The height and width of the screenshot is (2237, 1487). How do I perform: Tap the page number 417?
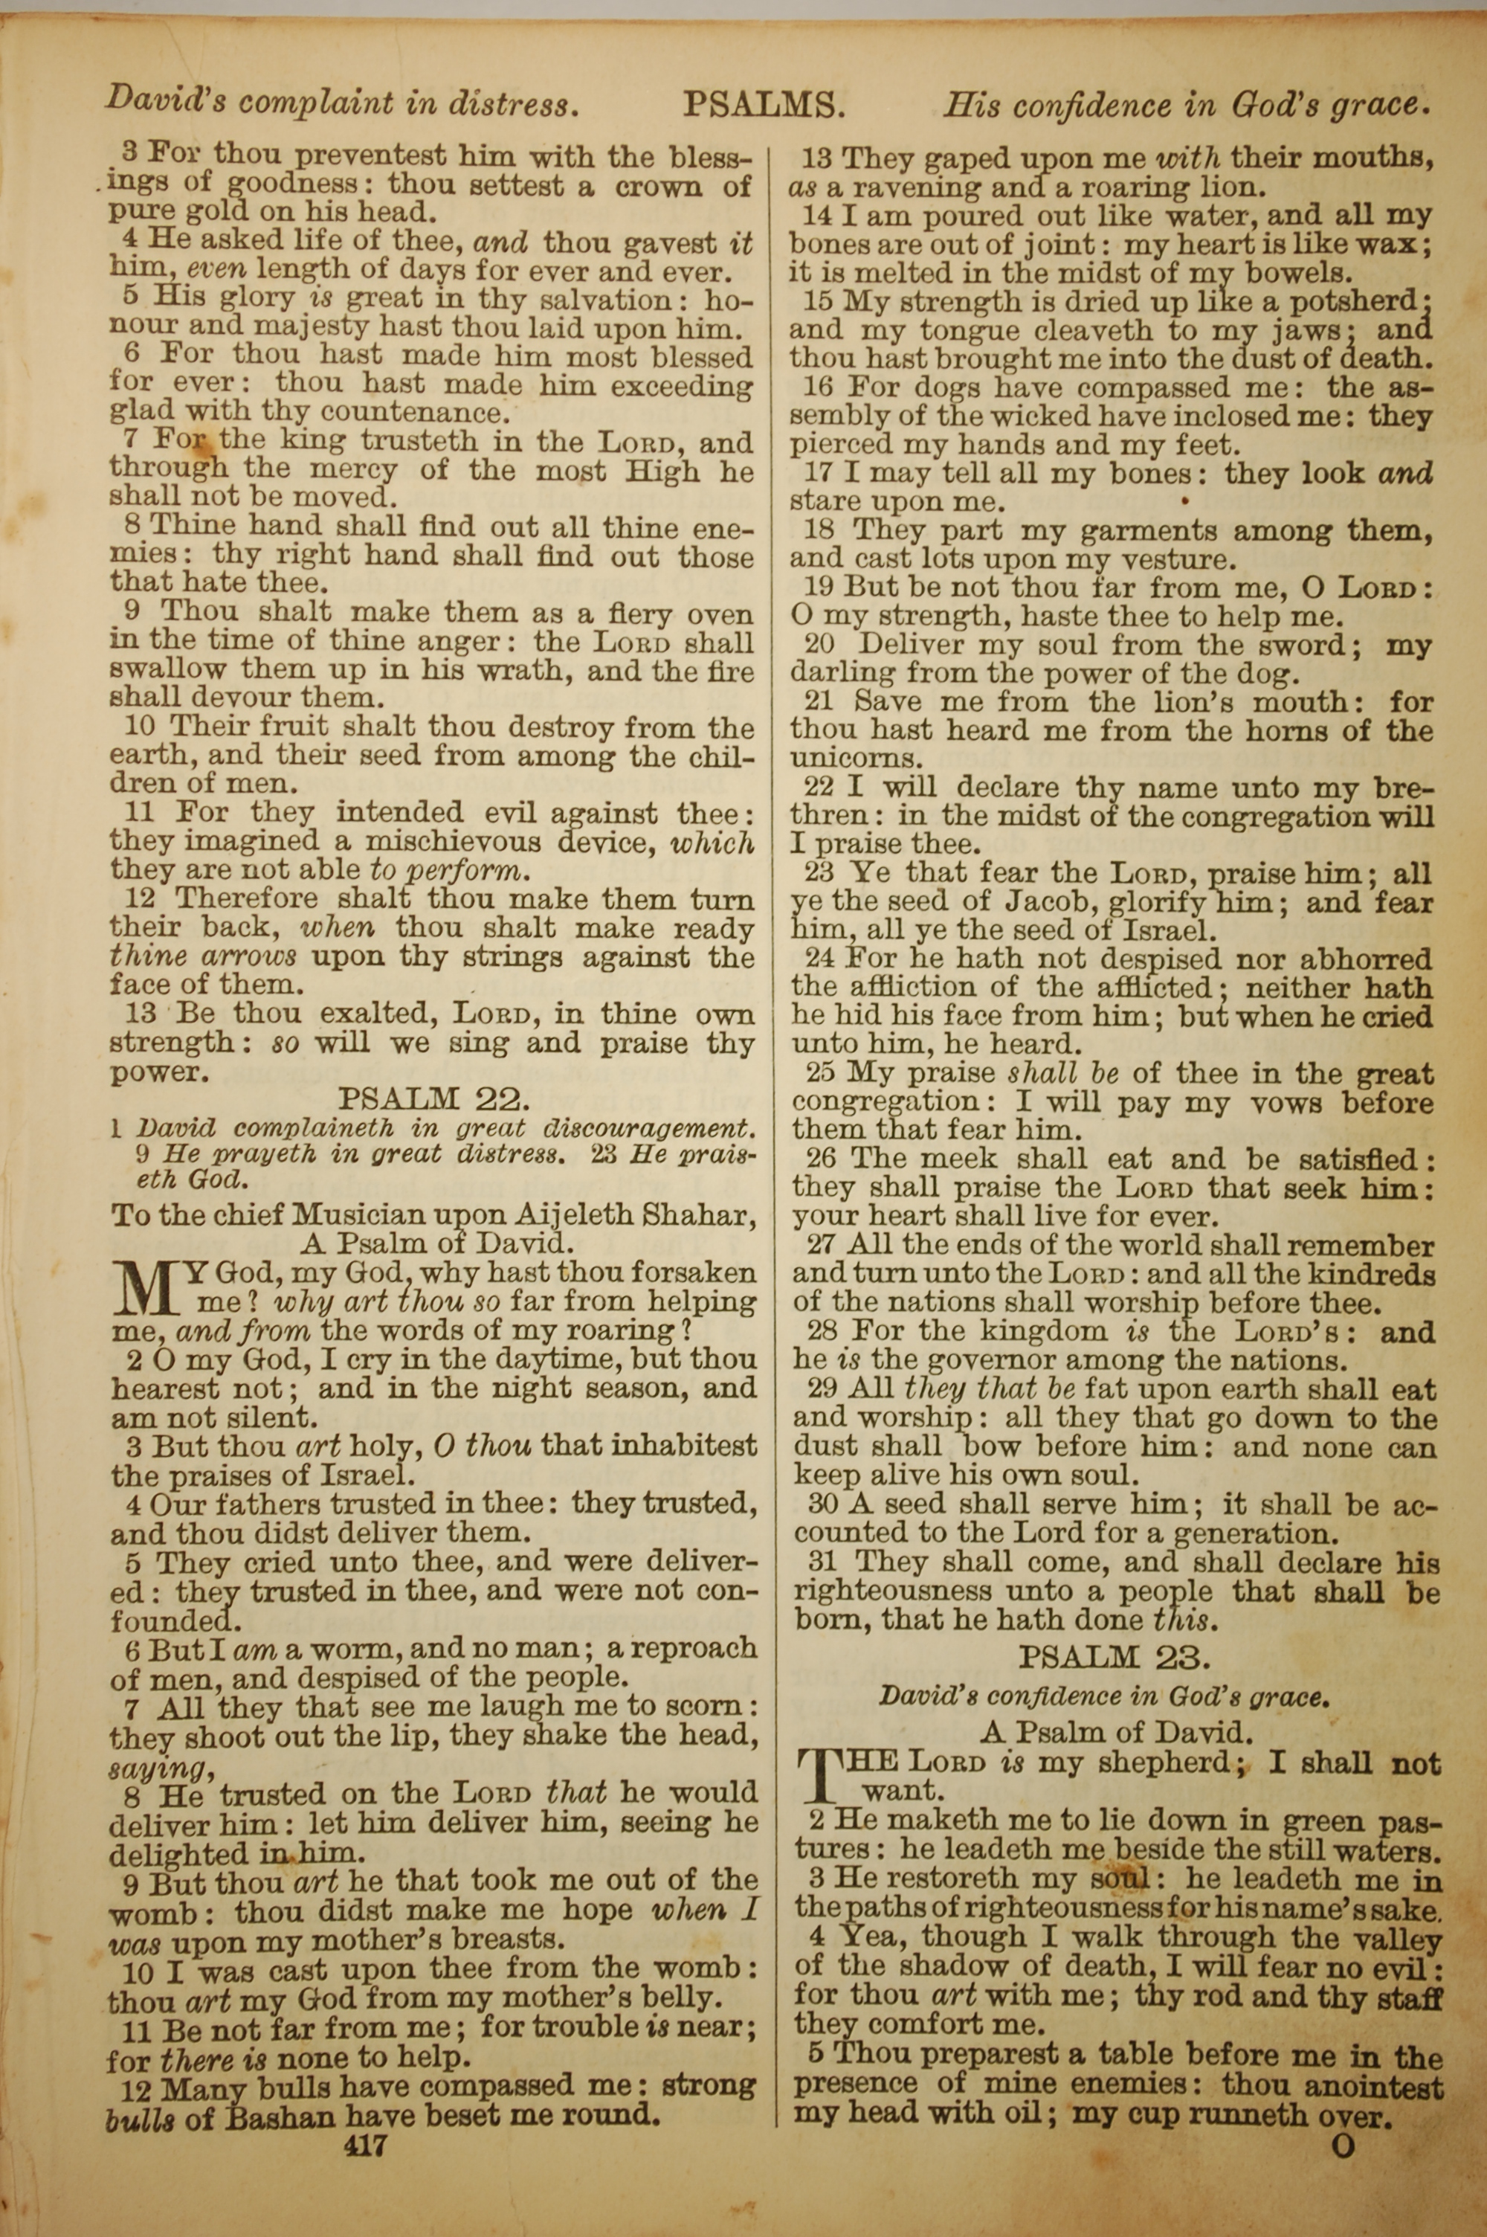[365, 2117]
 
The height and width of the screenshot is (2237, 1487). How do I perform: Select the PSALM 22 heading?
[433, 1100]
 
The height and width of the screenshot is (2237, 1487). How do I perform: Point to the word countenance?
[413, 413]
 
